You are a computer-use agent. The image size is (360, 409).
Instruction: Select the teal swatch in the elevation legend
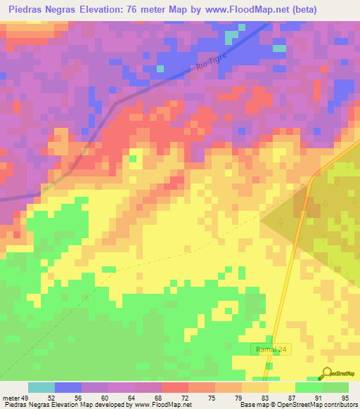(41, 387)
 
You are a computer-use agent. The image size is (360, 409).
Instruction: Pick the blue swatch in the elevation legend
(68, 387)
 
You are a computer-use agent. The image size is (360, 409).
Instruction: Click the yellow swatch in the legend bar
(281, 387)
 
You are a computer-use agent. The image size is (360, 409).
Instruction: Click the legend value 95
(345, 398)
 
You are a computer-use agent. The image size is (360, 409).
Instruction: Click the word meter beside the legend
(11, 398)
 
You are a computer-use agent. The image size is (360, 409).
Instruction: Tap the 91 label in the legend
(318, 398)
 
